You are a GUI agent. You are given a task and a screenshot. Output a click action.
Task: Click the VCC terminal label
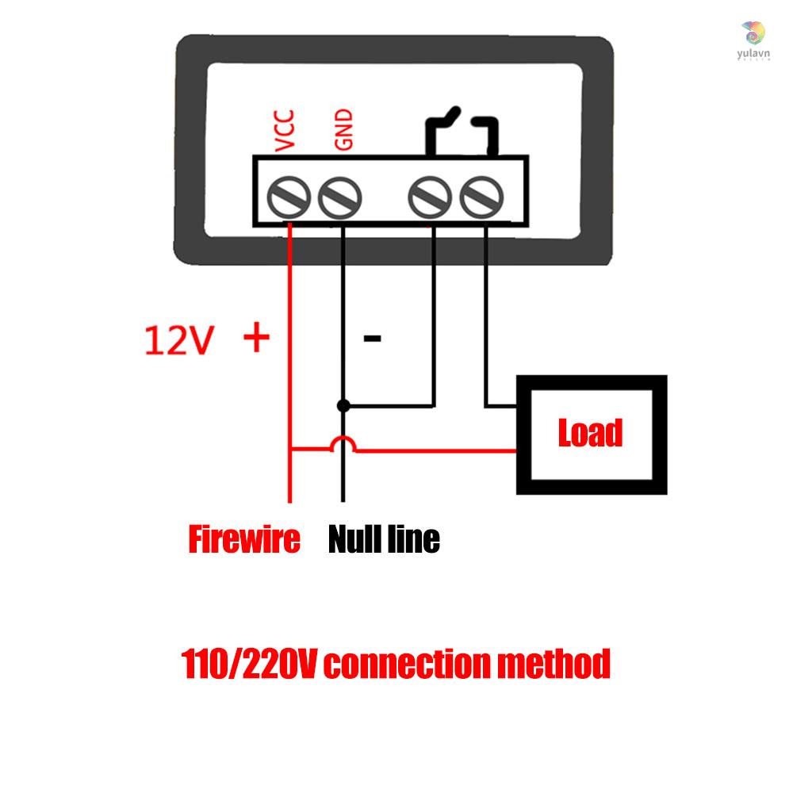(x=285, y=131)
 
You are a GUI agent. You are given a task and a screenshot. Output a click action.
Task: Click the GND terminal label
(x=343, y=131)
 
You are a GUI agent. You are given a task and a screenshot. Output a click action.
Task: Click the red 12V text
(x=179, y=341)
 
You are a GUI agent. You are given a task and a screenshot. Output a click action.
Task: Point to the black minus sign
(x=372, y=339)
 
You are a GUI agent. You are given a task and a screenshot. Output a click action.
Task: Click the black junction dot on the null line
(x=343, y=406)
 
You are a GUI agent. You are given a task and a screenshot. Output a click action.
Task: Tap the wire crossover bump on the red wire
(x=343, y=444)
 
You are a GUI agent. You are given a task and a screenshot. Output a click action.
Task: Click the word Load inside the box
(x=591, y=434)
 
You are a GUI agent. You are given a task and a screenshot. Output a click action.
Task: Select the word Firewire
(x=244, y=540)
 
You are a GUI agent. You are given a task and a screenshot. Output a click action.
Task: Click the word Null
(x=355, y=540)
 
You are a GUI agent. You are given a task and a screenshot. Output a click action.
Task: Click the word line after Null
(x=414, y=540)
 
